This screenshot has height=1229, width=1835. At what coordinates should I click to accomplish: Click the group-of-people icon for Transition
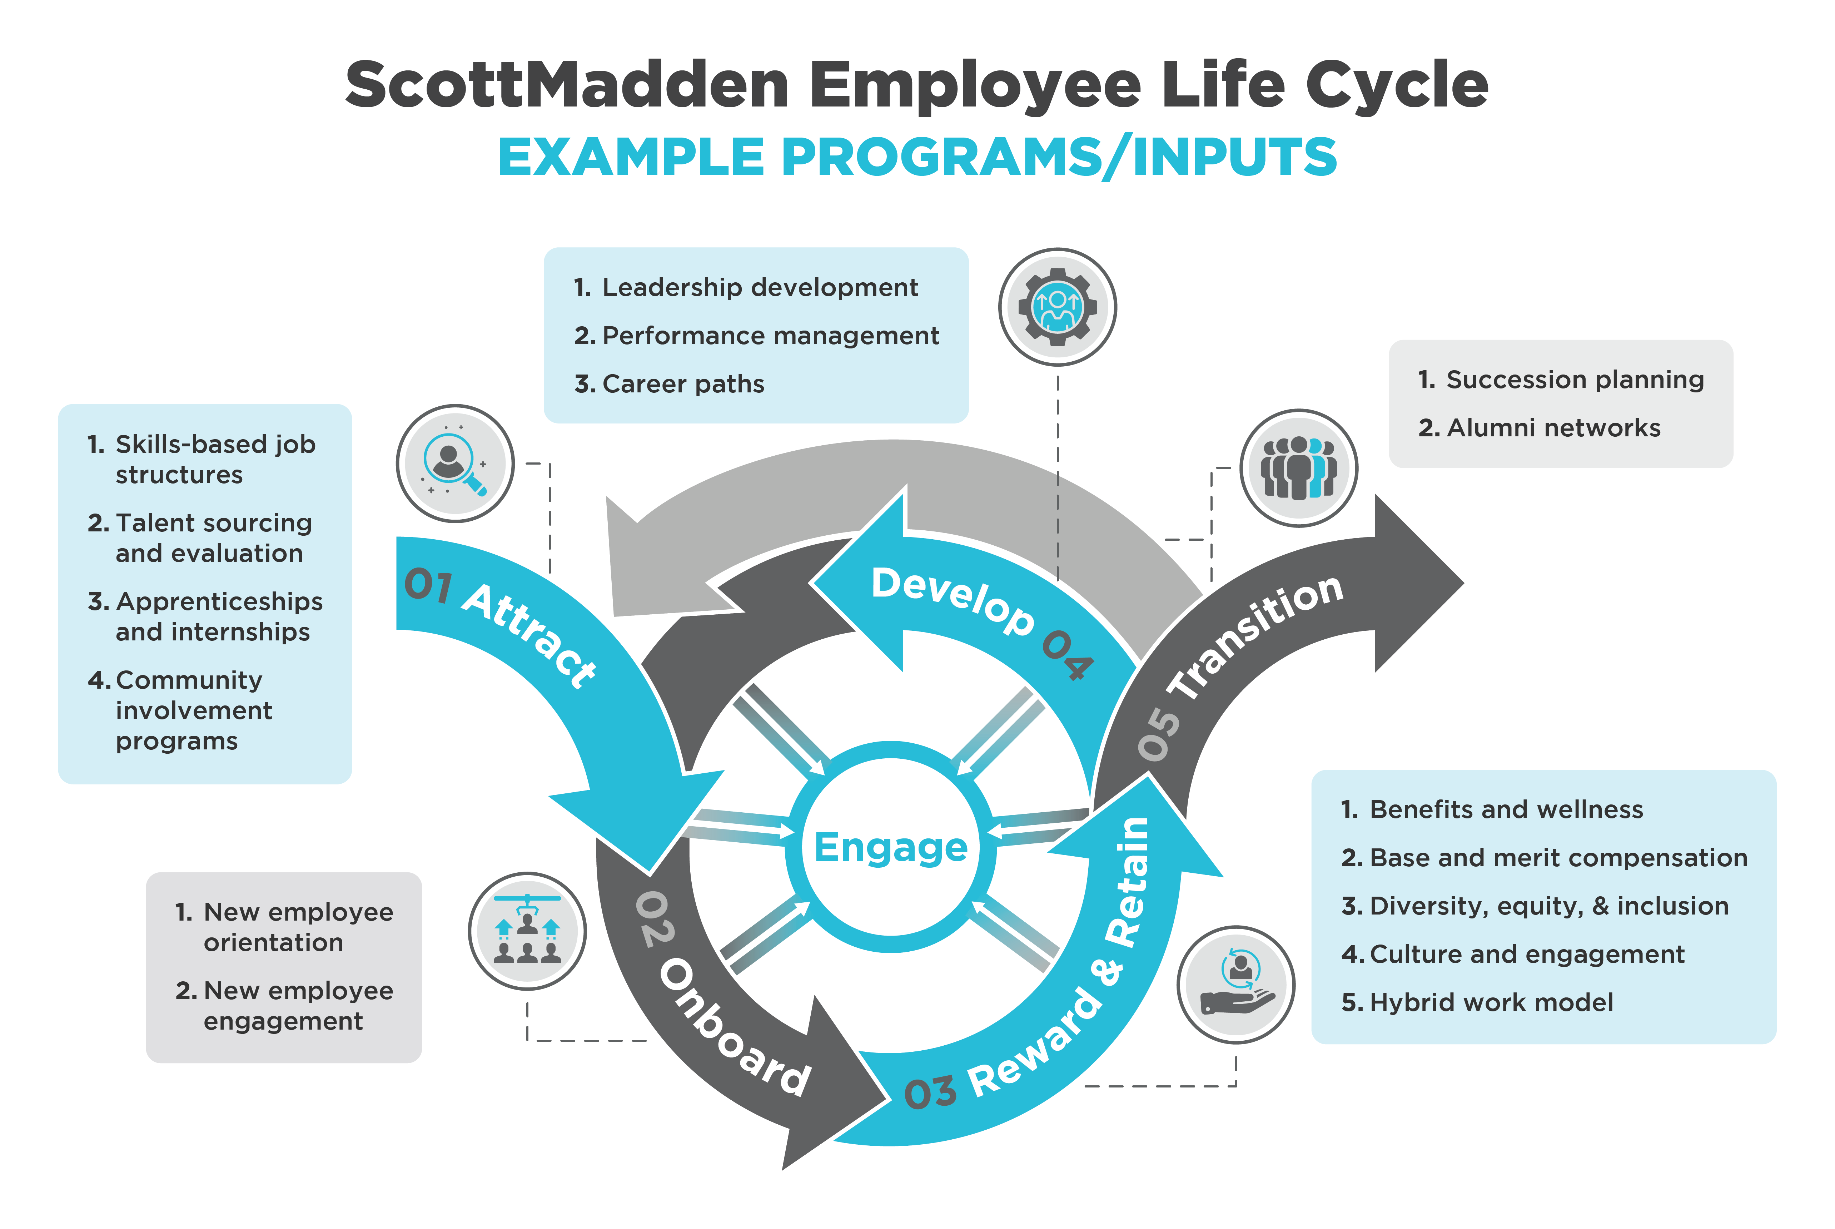coord(1298,468)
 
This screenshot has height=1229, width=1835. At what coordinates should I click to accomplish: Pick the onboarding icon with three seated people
coord(527,931)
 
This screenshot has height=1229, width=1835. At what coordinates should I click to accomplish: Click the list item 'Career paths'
coord(682,384)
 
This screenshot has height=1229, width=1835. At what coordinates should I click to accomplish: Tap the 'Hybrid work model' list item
coord(1491,1002)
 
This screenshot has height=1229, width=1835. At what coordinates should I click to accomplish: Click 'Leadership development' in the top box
coord(759,288)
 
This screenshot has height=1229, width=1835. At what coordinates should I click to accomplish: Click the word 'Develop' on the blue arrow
coord(952,600)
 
